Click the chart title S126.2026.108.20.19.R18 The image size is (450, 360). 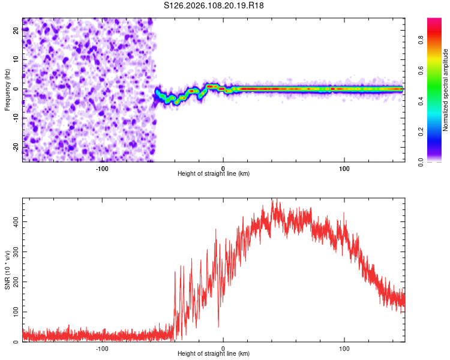click(214, 5)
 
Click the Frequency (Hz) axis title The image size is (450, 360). click(7, 89)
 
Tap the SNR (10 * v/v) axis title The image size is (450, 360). click(7, 271)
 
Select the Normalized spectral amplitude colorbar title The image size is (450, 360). click(446, 90)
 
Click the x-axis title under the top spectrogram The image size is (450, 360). click(214, 173)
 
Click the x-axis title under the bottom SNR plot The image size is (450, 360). click(214, 353)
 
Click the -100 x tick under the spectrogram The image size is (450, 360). click(101, 167)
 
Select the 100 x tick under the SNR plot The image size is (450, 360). click(344, 347)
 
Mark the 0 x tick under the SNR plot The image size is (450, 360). click(223, 347)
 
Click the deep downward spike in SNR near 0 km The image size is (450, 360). click(218, 326)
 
